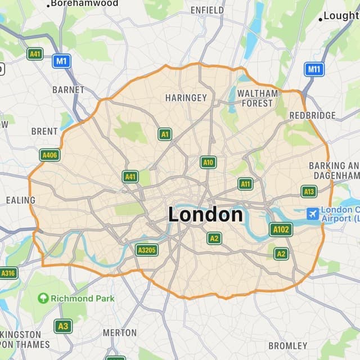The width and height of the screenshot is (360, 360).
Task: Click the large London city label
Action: click(x=205, y=214)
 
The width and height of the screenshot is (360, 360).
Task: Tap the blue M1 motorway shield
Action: click(x=61, y=61)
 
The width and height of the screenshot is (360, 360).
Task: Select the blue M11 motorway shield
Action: click(x=314, y=70)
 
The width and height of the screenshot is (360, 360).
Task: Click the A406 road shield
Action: click(x=49, y=155)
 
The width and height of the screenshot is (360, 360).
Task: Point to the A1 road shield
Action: click(x=164, y=134)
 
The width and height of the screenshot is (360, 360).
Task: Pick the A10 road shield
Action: click(x=208, y=163)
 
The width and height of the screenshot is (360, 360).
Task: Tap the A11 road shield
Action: click(x=245, y=183)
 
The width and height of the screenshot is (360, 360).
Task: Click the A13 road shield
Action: click(x=309, y=191)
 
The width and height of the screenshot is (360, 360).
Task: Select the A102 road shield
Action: click(x=281, y=229)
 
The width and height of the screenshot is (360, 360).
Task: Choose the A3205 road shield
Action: click(x=147, y=249)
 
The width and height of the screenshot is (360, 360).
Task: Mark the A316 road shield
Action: click(x=8, y=273)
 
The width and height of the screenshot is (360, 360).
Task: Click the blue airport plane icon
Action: click(x=312, y=214)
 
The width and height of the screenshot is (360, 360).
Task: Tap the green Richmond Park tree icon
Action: click(x=43, y=298)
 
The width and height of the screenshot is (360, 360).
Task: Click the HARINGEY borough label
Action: click(x=186, y=98)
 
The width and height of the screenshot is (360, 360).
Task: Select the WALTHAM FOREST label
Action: click(x=258, y=98)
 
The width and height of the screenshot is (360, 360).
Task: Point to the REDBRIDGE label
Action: click(x=312, y=115)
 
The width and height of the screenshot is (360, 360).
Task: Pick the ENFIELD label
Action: click(x=207, y=10)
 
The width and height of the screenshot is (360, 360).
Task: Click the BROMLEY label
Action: click(x=288, y=345)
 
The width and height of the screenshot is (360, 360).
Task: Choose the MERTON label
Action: click(x=120, y=332)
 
